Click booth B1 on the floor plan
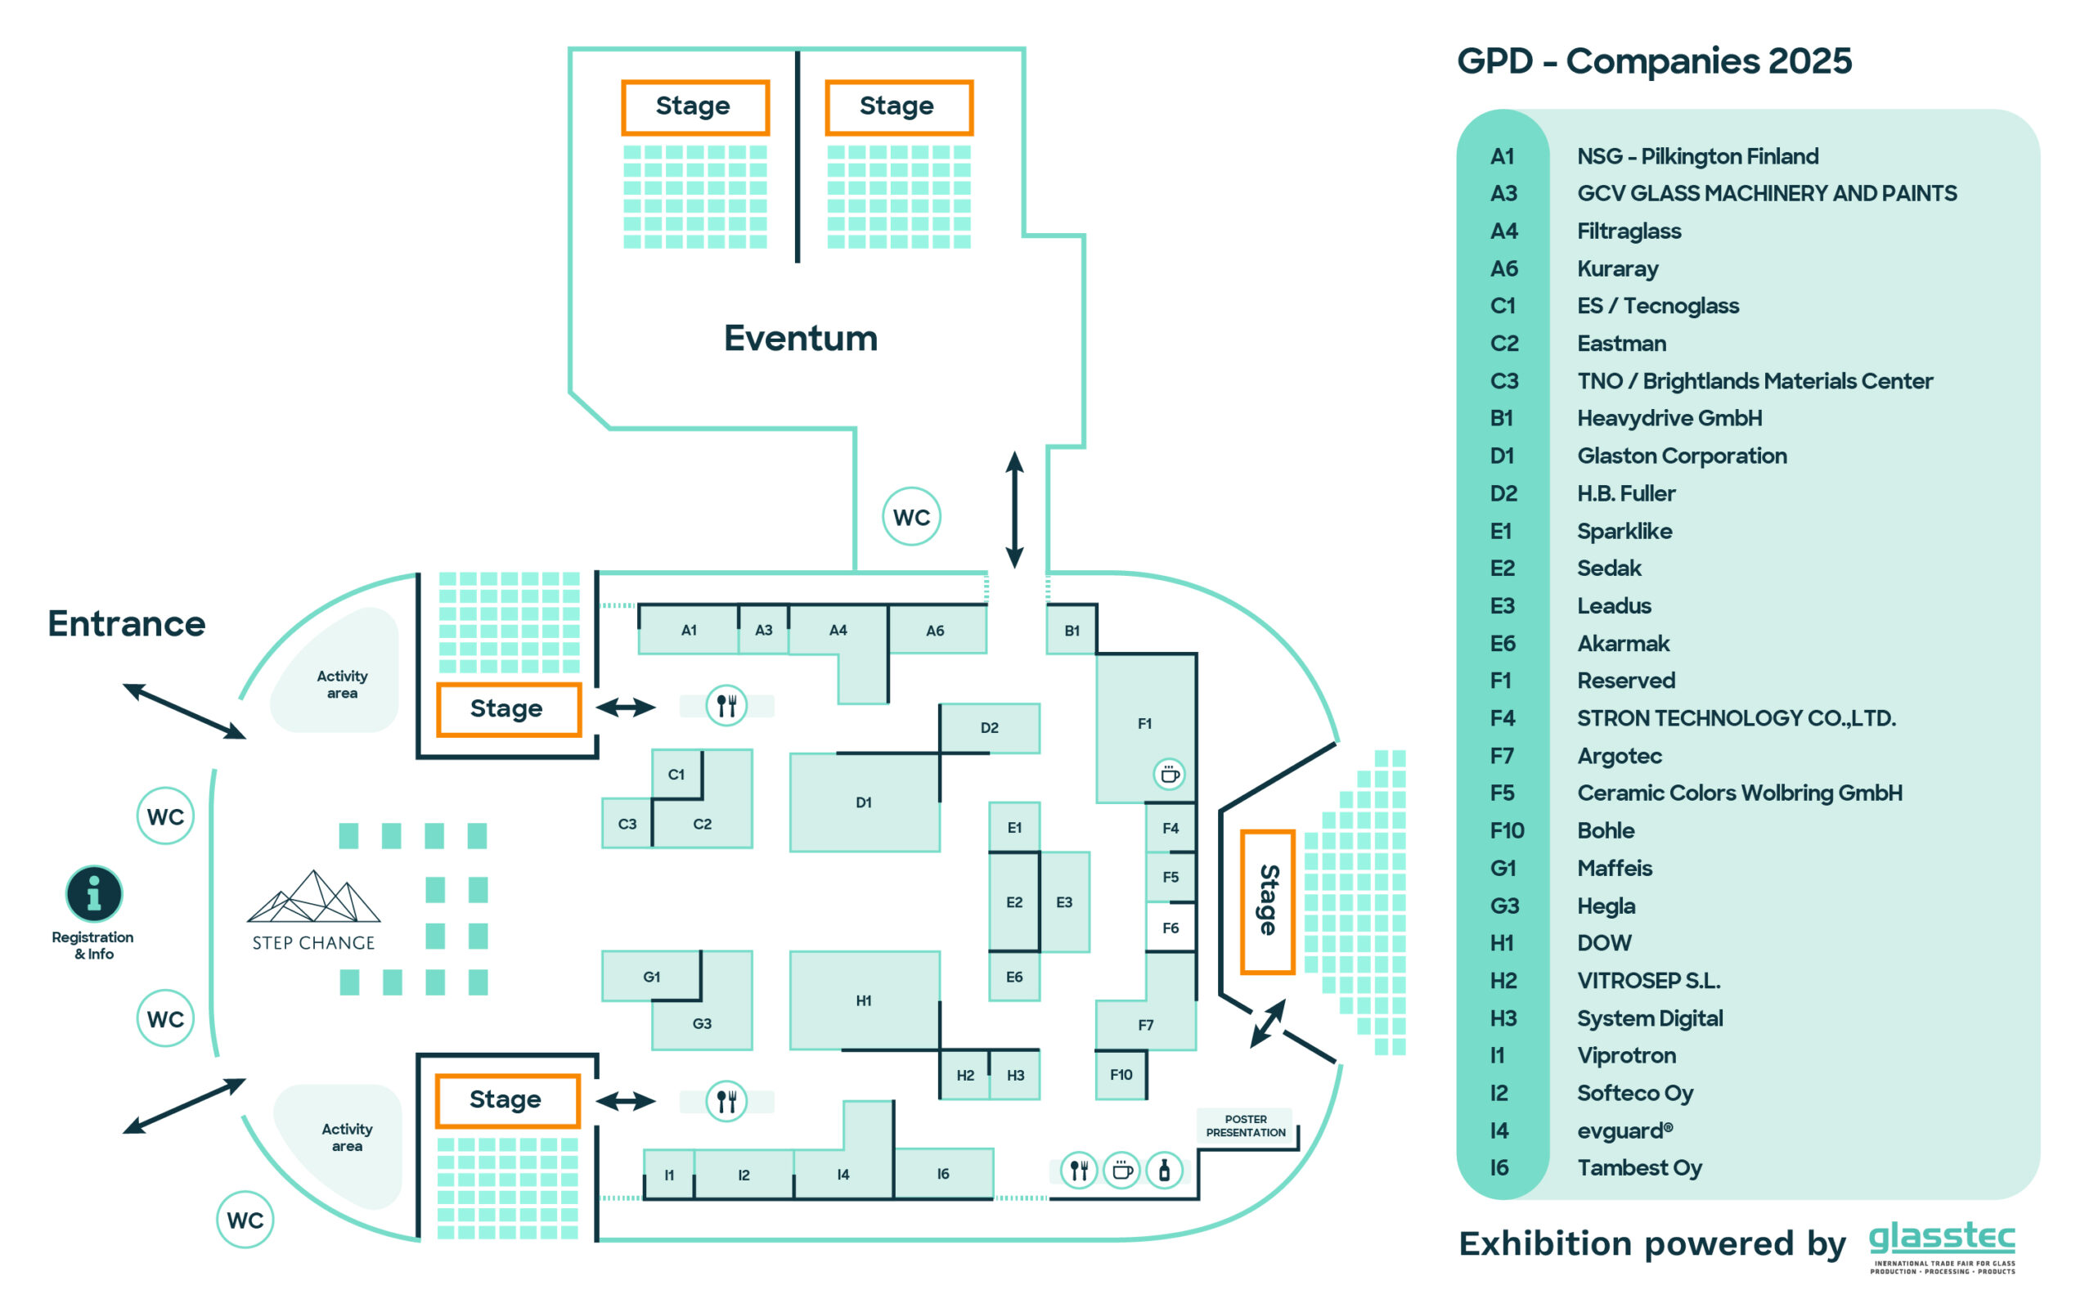1070,629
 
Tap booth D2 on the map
989,728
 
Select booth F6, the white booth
1170,927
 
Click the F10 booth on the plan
1120,1074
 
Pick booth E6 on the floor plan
1013,976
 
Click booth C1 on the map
676,774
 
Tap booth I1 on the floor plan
669,1174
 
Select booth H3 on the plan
1014,1075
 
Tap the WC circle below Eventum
911,516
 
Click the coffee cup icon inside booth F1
1169,774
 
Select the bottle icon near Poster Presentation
1164,1169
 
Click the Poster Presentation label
1245,1126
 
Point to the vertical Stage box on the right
1267,901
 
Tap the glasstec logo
1941,1246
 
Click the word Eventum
801,338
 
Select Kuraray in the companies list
1617,269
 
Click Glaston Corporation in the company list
1682,456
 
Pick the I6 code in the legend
1499,1167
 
